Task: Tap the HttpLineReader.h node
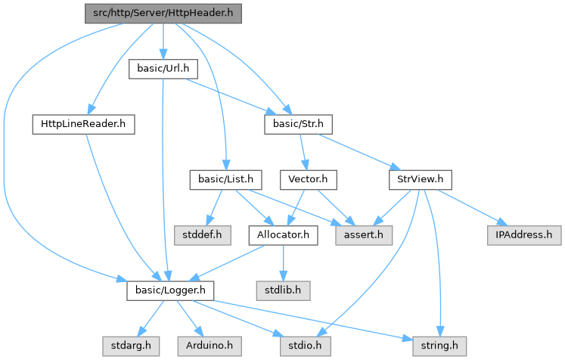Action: [x=83, y=123]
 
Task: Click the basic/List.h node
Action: [x=225, y=179]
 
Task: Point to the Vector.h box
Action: [x=307, y=179]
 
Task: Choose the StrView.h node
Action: [x=420, y=179]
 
